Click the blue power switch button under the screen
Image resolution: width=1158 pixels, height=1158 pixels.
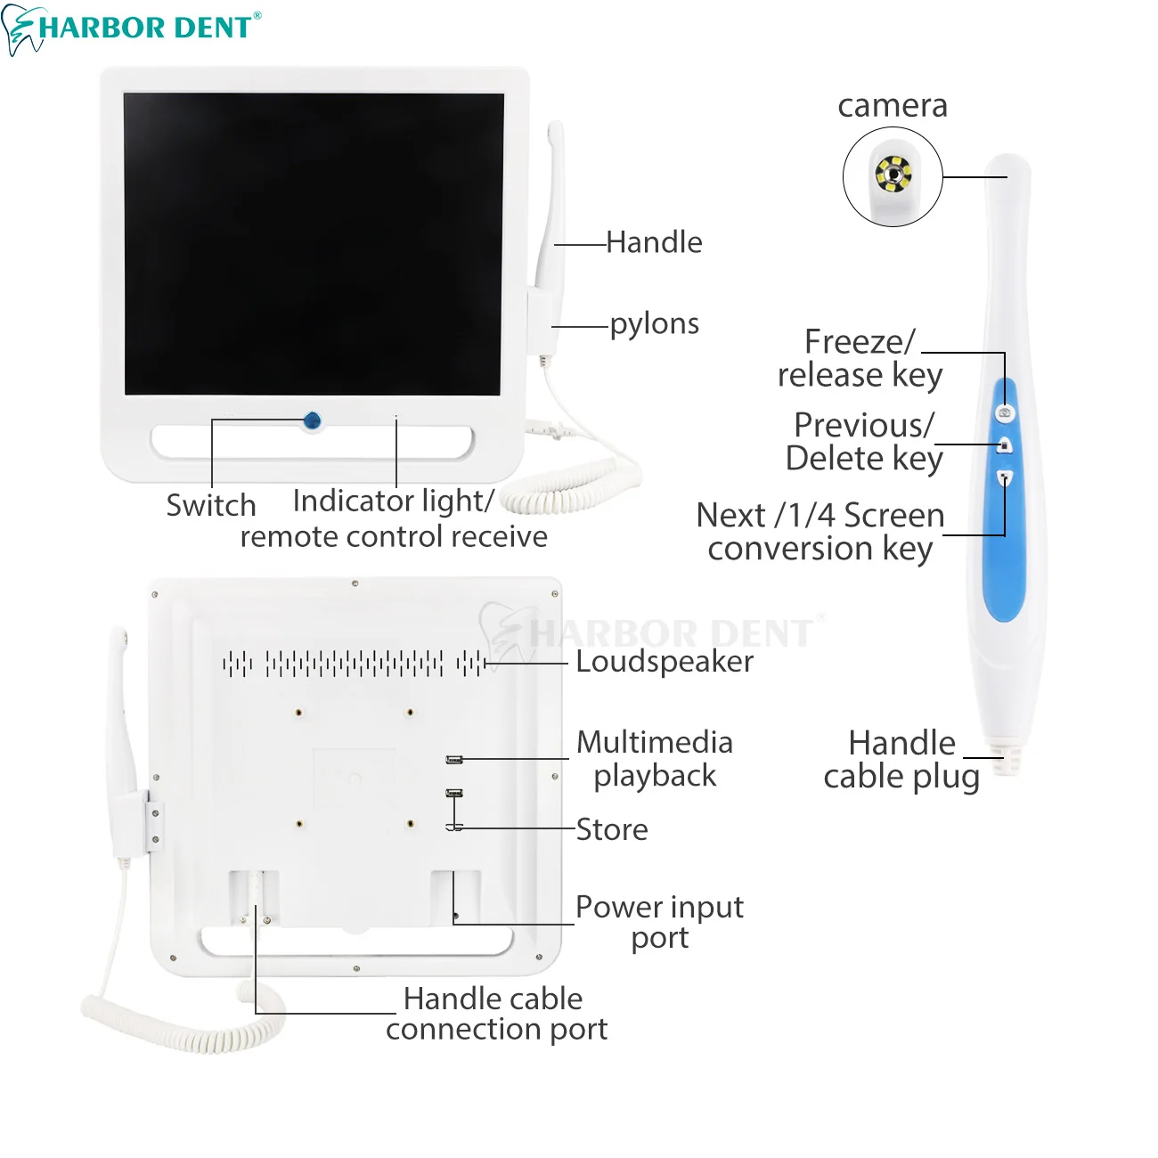point(312,421)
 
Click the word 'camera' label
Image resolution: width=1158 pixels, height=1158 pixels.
point(893,106)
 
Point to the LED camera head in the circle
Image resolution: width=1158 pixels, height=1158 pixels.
point(892,175)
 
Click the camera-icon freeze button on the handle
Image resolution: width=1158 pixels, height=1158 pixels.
point(1005,412)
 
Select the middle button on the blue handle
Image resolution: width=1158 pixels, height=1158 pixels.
point(1005,445)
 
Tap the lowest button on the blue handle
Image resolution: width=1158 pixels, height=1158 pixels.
point(1005,478)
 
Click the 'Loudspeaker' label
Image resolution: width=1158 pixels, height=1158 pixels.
point(665,662)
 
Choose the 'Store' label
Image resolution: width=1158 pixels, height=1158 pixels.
point(612,829)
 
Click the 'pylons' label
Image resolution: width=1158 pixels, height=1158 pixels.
point(654,324)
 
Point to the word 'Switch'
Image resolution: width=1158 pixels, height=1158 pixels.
point(211,505)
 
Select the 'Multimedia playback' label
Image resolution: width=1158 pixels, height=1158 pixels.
point(655,759)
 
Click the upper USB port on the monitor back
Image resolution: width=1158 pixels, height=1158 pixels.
point(454,760)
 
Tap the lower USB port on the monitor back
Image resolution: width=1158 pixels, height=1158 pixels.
point(454,793)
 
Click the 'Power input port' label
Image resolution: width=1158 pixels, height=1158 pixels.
point(659,922)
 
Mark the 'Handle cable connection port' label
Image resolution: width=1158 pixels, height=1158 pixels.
point(495,1014)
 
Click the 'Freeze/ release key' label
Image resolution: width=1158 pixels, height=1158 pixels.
point(860,358)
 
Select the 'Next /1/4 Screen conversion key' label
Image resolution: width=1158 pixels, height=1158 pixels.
point(820,532)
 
